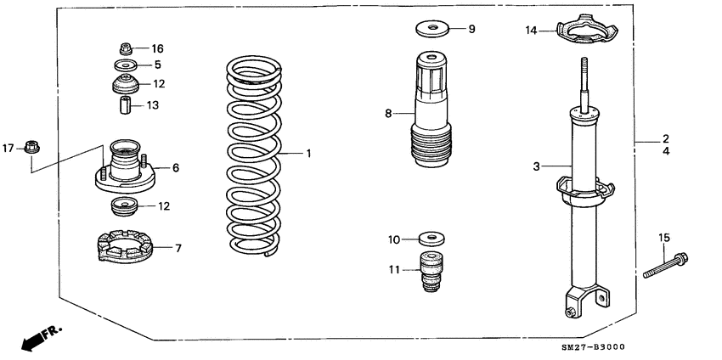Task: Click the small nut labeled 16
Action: click(x=123, y=48)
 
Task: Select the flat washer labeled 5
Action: click(x=123, y=65)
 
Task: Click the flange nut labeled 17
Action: click(x=32, y=147)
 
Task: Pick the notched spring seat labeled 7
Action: click(x=123, y=247)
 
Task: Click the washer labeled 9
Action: click(x=433, y=30)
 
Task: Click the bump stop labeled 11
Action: click(x=431, y=271)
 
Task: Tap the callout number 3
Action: click(x=537, y=166)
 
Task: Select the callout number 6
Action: click(x=176, y=168)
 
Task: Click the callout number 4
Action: click(x=667, y=151)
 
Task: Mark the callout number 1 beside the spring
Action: click(x=309, y=154)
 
